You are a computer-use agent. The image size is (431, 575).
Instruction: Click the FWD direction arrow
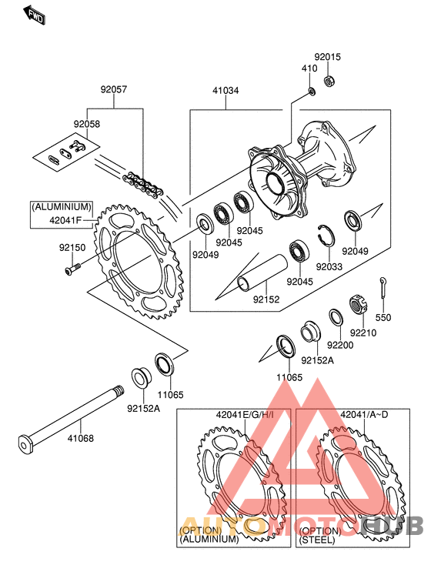[x=34, y=15]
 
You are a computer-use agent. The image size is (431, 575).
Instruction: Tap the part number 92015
[x=328, y=57]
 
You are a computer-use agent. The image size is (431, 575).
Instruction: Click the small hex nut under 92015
[x=329, y=81]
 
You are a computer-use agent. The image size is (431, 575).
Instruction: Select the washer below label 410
[x=312, y=92]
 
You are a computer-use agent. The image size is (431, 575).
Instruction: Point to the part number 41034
[x=226, y=91]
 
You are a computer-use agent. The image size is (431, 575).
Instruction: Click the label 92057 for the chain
[x=114, y=89]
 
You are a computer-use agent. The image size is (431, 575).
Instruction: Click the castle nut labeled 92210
[x=358, y=303]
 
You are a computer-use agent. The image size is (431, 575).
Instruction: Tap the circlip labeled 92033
[x=326, y=236]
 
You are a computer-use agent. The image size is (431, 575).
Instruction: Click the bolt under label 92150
[x=72, y=269]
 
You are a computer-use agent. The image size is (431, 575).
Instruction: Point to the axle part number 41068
[x=81, y=438]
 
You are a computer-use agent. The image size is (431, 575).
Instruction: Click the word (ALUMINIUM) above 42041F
[x=62, y=207]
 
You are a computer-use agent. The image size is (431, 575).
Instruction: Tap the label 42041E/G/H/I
[x=245, y=415]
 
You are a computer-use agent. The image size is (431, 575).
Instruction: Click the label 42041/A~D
[x=364, y=415]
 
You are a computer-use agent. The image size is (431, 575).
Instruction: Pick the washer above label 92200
[x=336, y=317]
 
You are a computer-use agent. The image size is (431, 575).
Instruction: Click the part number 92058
[x=86, y=124]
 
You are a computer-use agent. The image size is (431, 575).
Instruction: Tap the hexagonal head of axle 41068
[x=25, y=445]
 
